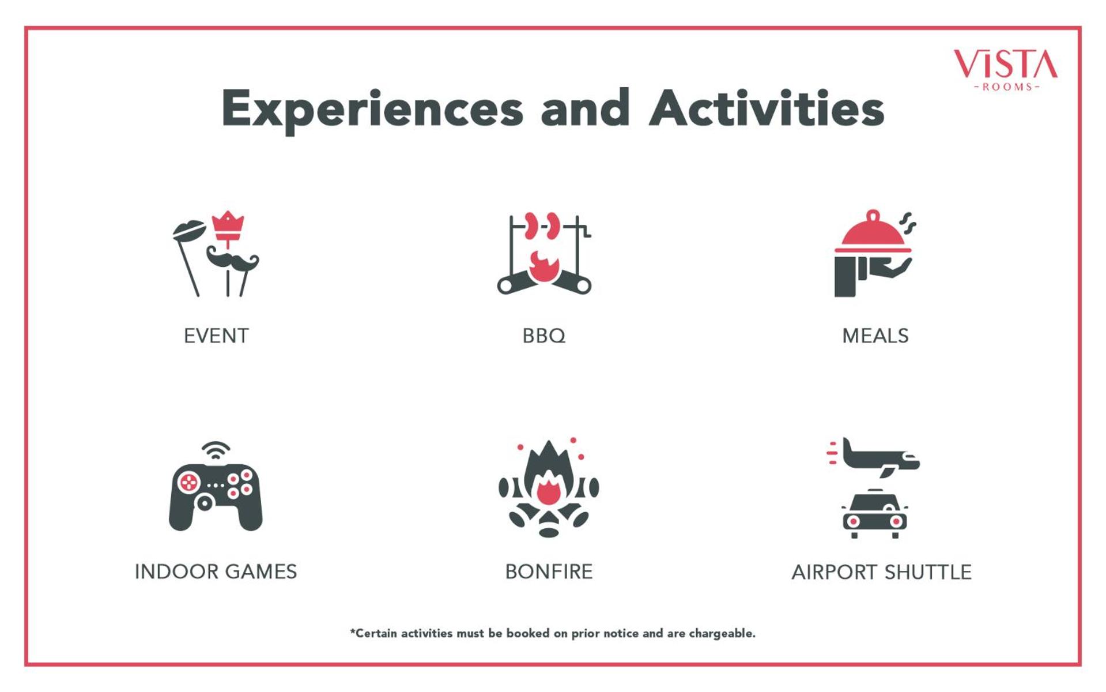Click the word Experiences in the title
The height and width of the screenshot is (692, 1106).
pyautogui.click(x=372, y=110)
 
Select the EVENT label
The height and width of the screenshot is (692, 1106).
pyautogui.click(x=216, y=336)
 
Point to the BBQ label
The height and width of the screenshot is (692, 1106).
pyautogui.click(x=544, y=336)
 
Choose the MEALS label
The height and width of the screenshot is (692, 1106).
pyautogui.click(x=875, y=336)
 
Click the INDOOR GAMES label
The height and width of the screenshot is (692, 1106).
pyautogui.click(x=216, y=571)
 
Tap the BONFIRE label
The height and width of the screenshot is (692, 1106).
pyautogui.click(x=549, y=571)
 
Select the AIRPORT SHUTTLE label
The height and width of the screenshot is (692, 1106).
pyautogui.click(x=881, y=572)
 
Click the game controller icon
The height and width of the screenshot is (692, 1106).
pyautogui.click(x=216, y=497)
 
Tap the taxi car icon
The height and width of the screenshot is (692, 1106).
pyautogui.click(x=875, y=514)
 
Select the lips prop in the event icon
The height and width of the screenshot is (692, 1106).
pyautogui.click(x=188, y=231)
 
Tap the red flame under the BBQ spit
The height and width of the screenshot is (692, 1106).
pyautogui.click(x=543, y=267)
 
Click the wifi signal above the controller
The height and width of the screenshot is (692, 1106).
pyautogui.click(x=216, y=450)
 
